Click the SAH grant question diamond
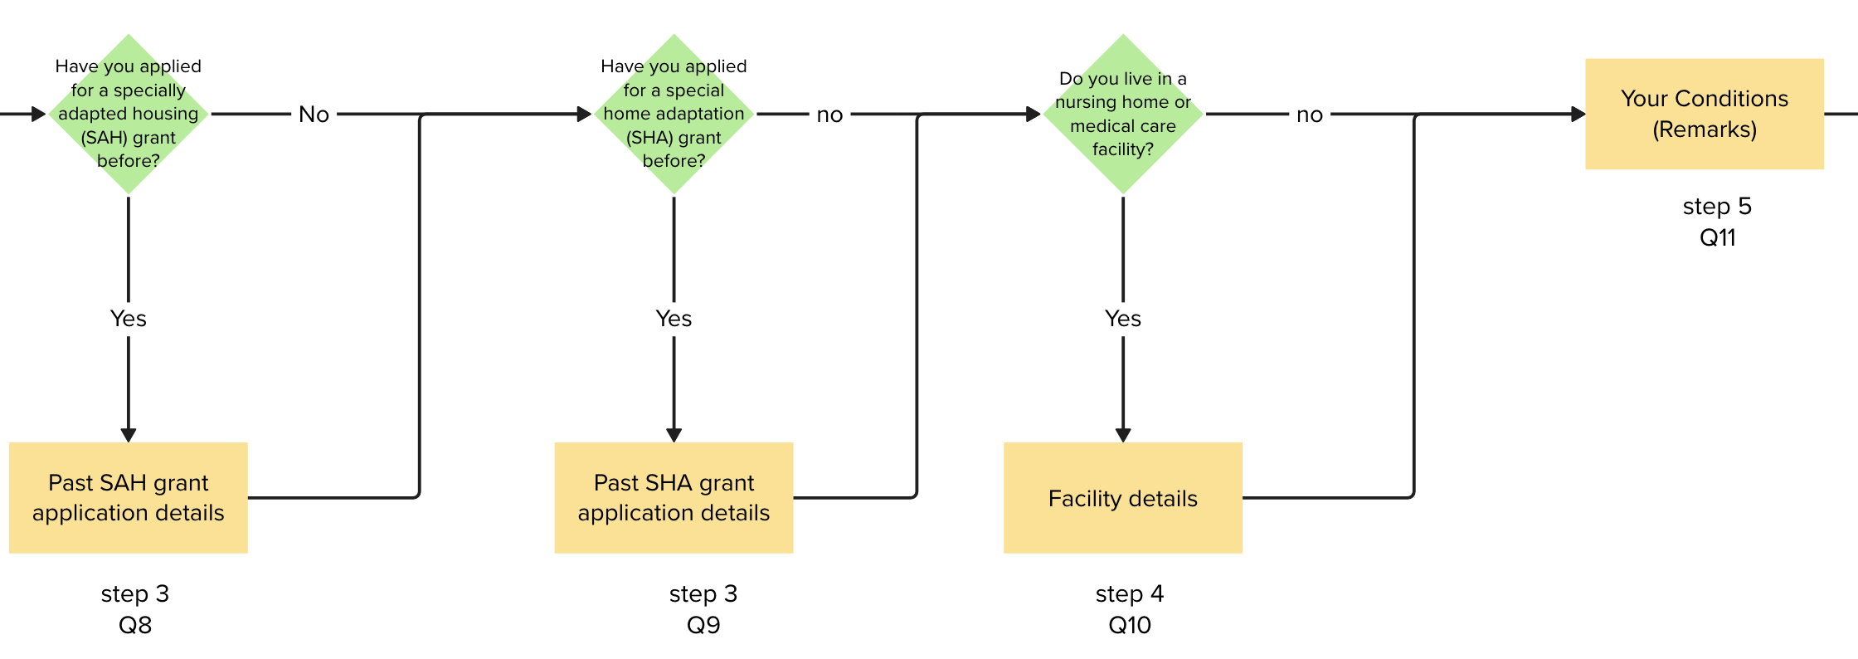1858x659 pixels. (129, 114)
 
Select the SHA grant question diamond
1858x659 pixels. (674, 114)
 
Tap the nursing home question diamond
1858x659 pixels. (1122, 114)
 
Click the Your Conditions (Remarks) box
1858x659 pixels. (1704, 114)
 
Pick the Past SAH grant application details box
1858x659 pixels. (129, 497)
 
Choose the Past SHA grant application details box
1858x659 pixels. (674, 497)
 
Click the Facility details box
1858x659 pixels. (1122, 497)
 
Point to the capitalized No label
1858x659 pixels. (314, 115)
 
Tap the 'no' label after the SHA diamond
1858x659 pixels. (829, 115)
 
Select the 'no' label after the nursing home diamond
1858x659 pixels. (1309, 115)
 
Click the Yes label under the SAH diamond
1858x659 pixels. (129, 319)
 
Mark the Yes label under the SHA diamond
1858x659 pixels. (674, 319)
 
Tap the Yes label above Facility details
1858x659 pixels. (1122, 319)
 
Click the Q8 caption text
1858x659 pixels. (135, 625)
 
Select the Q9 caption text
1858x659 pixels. (703, 625)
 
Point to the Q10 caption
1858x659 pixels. (1130, 625)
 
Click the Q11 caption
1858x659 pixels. (1717, 237)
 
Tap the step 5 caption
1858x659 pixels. (1717, 206)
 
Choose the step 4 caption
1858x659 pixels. (1130, 593)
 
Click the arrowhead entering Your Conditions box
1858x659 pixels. (1578, 115)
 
